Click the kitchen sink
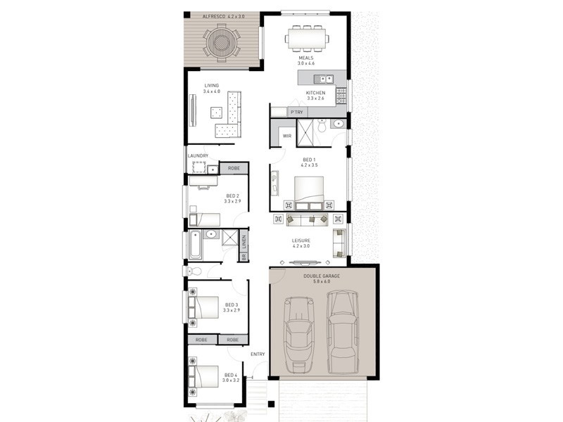[x=324, y=79]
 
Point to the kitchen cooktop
[x=341, y=96]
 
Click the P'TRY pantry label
[x=297, y=113]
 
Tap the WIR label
[x=287, y=136]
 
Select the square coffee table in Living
[x=216, y=113]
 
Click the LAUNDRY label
[x=198, y=155]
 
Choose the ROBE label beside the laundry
[x=234, y=168]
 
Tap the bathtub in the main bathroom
[x=196, y=245]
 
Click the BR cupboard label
[x=243, y=257]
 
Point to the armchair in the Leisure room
[x=339, y=243]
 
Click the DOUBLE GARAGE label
[x=322, y=276]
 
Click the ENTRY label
[x=258, y=354]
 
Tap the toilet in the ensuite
[x=322, y=126]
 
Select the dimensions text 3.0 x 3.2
[x=231, y=381]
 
